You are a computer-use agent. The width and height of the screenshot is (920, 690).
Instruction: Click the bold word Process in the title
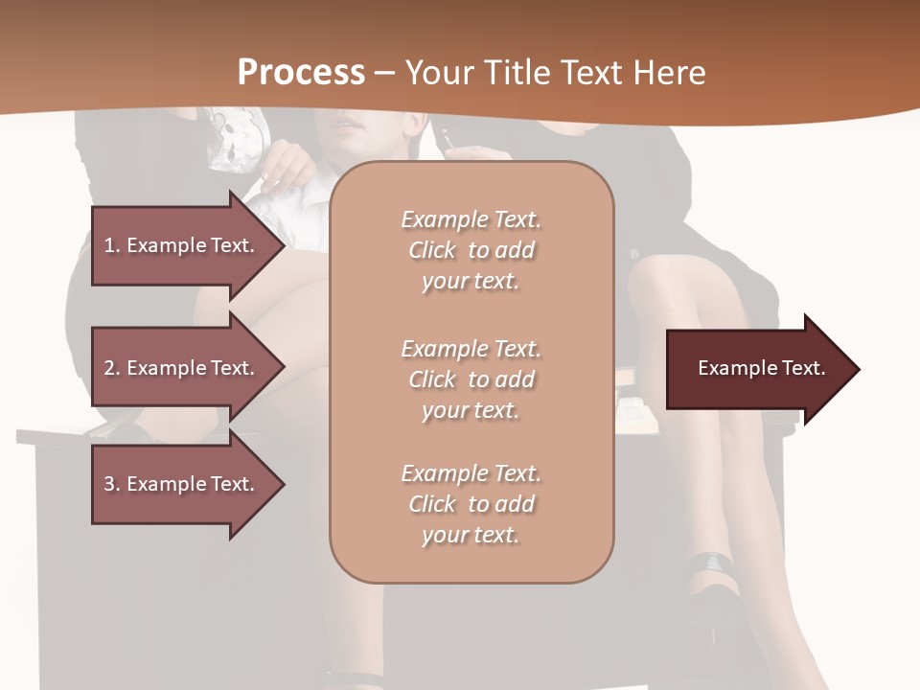point(301,73)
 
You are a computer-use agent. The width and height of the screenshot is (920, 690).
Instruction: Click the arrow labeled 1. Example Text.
point(182,245)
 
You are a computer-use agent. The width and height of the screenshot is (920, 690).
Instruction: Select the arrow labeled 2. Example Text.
point(182,368)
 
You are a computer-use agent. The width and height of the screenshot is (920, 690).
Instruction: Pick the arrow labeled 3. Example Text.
point(182,484)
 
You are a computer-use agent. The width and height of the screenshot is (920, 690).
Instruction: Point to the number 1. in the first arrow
point(112,245)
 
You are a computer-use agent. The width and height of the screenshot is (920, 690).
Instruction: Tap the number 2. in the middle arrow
point(112,368)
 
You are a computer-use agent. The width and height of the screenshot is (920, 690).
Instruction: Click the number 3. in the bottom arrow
point(112,484)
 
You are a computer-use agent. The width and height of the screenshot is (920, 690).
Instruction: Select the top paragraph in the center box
point(471,250)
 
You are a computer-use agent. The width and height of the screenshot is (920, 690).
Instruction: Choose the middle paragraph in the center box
point(471,379)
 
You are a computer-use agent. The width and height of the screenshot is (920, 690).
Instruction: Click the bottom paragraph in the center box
point(471,504)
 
